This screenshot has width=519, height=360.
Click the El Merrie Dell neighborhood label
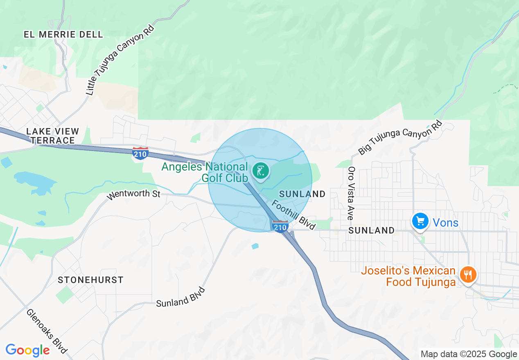tap(63, 34)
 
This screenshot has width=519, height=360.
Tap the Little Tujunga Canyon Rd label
tap(120, 60)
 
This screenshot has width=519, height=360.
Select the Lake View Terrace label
tap(52, 136)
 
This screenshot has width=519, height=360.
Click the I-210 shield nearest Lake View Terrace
tap(140, 153)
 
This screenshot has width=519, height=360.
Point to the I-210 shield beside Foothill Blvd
tap(280, 226)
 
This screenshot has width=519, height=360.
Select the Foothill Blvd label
tap(294, 214)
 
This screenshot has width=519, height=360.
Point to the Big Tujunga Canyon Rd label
tap(400, 137)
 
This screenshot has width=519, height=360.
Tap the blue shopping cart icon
tap(420, 221)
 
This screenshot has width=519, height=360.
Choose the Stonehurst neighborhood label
tap(90, 280)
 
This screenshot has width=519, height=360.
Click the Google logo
tap(27, 350)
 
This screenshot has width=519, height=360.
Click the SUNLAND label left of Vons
tap(371, 231)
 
